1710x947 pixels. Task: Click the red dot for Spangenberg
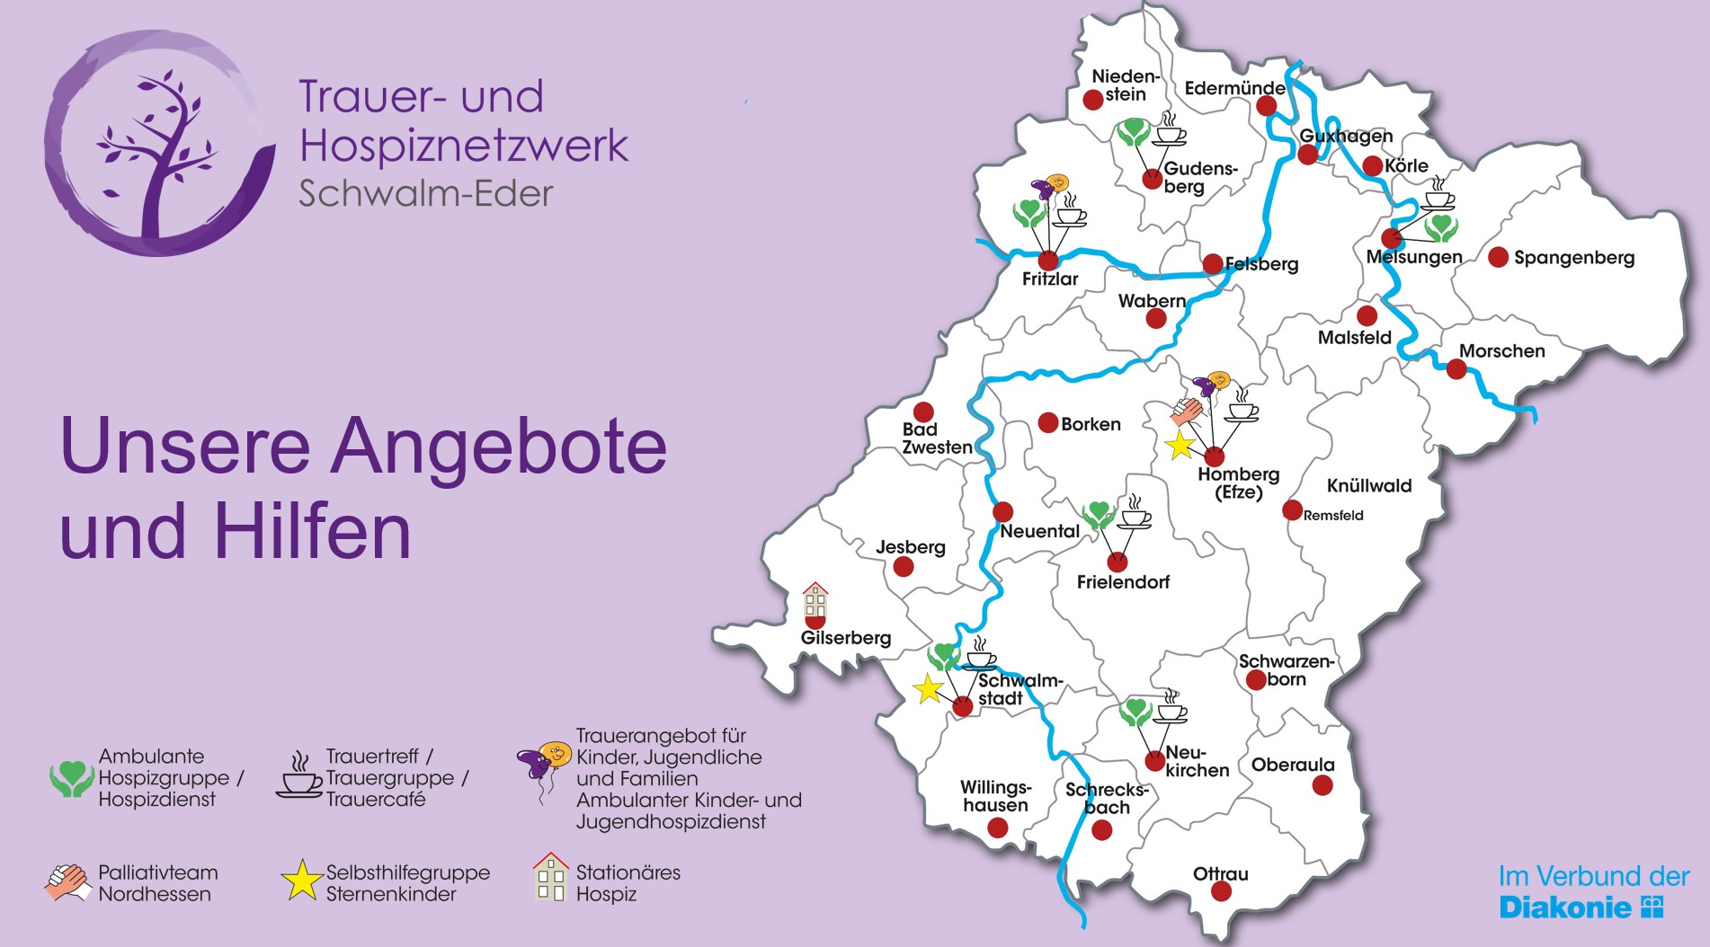click(x=1498, y=257)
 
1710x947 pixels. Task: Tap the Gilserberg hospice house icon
click(x=815, y=601)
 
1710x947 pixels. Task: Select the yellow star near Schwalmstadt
click(x=928, y=690)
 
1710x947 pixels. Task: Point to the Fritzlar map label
click(x=1049, y=279)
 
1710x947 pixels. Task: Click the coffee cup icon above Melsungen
click(x=1438, y=199)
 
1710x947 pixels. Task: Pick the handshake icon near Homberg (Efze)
click(x=1187, y=412)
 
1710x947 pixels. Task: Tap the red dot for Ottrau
click(x=1221, y=891)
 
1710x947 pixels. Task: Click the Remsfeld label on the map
click(x=1333, y=516)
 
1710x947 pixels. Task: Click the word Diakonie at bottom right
click(x=1564, y=907)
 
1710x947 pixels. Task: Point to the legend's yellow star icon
click(x=301, y=881)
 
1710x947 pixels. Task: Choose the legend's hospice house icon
click(x=550, y=878)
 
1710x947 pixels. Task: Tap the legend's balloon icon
click(x=545, y=764)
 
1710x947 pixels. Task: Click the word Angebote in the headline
click(x=499, y=446)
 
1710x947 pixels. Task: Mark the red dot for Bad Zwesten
click(x=923, y=412)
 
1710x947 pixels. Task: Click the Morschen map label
click(x=1501, y=351)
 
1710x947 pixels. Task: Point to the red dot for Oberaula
click(x=1322, y=785)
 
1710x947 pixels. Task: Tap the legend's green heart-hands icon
click(x=71, y=778)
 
